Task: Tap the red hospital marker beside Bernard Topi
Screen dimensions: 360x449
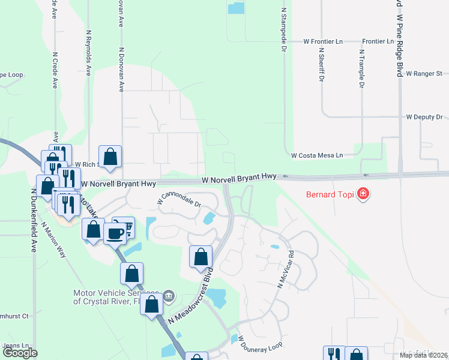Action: click(x=363, y=193)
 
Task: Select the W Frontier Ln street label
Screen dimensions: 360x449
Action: click(x=323, y=41)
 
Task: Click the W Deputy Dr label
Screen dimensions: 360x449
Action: click(x=424, y=117)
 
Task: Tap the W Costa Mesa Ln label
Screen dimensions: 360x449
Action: click(x=317, y=155)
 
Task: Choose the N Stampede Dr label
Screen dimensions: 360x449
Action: click(x=283, y=30)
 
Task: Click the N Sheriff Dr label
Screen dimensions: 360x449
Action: click(x=321, y=65)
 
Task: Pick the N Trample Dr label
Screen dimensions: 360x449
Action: click(x=361, y=68)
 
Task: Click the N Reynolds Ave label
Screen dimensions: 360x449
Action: click(x=89, y=53)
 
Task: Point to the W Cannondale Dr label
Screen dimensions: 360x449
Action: click(x=179, y=199)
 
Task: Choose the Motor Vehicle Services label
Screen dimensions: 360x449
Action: click(x=114, y=297)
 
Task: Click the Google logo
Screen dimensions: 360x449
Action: click(x=20, y=353)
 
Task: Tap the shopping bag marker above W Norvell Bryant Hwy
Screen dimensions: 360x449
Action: click(x=110, y=157)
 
